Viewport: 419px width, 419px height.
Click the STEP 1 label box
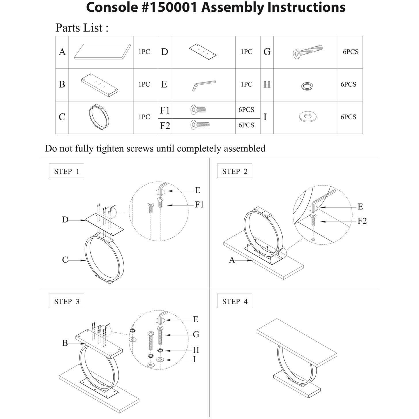click(x=66, y=171)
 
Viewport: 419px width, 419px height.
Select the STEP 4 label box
click(x=235, y=301)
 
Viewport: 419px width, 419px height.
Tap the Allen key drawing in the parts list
click(x=203, y=85)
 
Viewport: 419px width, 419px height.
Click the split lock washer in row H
click(x=307, y=86)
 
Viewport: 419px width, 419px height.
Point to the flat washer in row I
click(x=308, y=117)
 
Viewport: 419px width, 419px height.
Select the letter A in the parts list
click(x=62, y=52)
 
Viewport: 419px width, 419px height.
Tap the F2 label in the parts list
click(x=165, y=126)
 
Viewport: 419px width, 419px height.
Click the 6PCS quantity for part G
click(x=351, y=52)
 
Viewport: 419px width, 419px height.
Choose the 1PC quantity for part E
click(x=247, y=84)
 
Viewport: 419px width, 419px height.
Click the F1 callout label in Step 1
click(x=199, y=205)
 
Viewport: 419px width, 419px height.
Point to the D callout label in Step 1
click(x=65, y=220)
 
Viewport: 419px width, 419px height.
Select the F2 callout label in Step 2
click(x=362, y=221)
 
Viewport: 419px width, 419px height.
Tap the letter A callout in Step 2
click(x=232, y=260)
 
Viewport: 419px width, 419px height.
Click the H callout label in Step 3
click(x=196, y=350)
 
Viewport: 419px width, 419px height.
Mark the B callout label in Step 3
click(x=65, y=343)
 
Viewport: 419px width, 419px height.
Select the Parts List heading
click(x=82, y=28)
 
